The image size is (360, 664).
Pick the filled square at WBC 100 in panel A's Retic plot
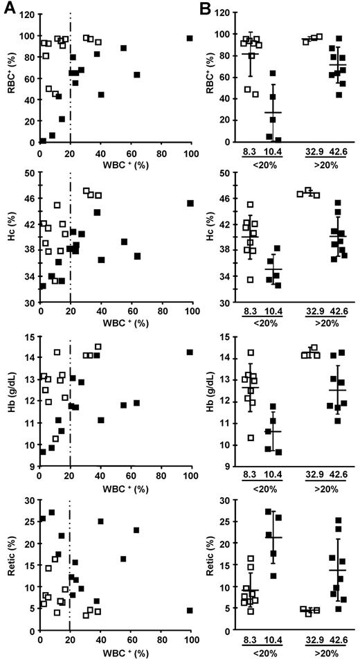190,610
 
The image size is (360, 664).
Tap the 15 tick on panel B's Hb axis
224,337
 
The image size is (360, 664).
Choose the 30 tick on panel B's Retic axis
224,500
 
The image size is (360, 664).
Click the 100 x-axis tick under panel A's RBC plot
190,154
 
